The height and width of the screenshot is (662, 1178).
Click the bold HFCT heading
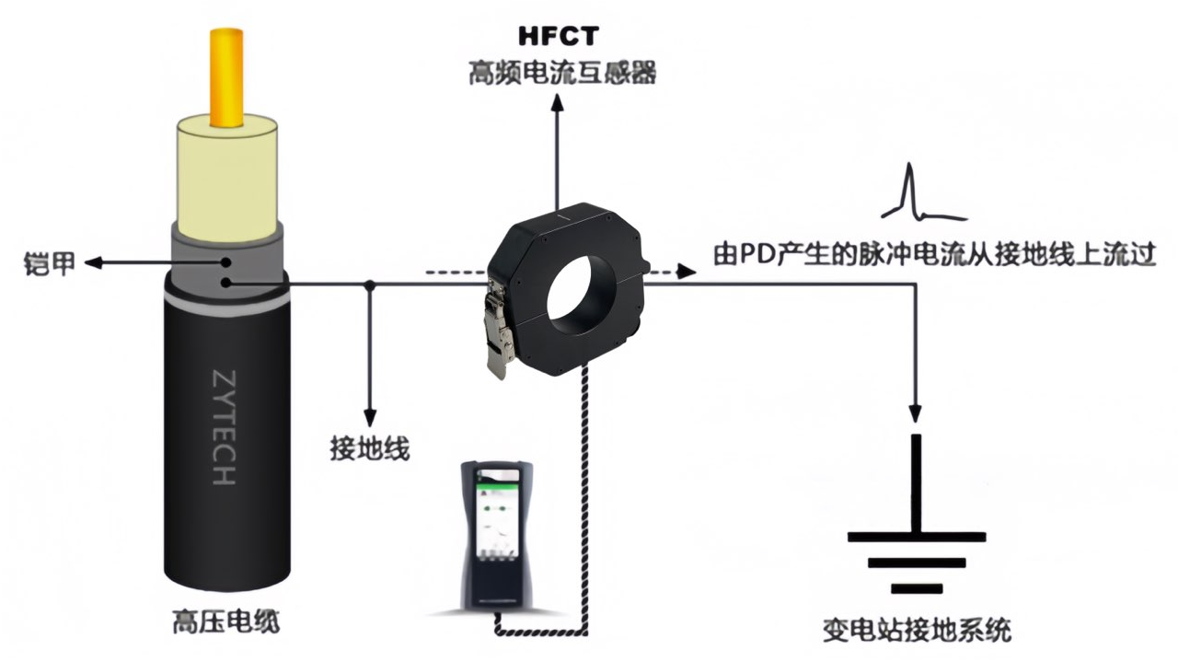[558, 36]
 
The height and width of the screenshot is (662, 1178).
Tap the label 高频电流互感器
[562, 74]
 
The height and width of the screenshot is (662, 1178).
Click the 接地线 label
[369, 448]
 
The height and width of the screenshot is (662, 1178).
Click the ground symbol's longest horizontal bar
[917, 536]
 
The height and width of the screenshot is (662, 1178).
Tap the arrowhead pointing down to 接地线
[369, 415]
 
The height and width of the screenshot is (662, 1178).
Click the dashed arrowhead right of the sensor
[685, 271]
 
